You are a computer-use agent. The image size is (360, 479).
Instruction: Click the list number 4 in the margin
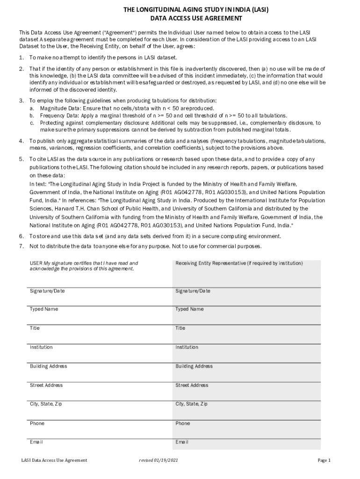tap(21, 141)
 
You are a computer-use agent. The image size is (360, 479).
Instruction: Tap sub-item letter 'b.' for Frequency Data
tap(32, 116)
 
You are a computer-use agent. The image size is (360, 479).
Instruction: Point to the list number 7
tap(21, 246)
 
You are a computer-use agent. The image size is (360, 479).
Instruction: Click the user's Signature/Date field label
tap(47, 291)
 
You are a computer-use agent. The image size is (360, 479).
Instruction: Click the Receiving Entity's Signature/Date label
tap(193, 291)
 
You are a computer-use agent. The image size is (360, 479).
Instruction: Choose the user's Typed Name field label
tap(44, 309)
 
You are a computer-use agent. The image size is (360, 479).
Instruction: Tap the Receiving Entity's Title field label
tap(180, 328)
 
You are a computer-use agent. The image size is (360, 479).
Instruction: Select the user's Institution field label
tap(41, 347)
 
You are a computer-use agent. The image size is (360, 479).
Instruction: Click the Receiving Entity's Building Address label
tap(194, 366)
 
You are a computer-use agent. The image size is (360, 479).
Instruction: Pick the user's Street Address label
tap(46, 385)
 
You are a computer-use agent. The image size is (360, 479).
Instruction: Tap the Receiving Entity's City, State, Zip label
tap(191, 404)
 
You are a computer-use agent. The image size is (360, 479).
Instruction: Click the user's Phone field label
tap(37, 423)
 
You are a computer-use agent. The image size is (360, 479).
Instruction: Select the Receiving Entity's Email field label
tap(182, 442)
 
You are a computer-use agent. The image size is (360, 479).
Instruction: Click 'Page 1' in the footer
tap(324, 460)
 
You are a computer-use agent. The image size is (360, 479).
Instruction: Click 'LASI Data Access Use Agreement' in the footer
tap(54, 460)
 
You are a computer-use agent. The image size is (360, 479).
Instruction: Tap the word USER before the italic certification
tap(36, 263)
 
